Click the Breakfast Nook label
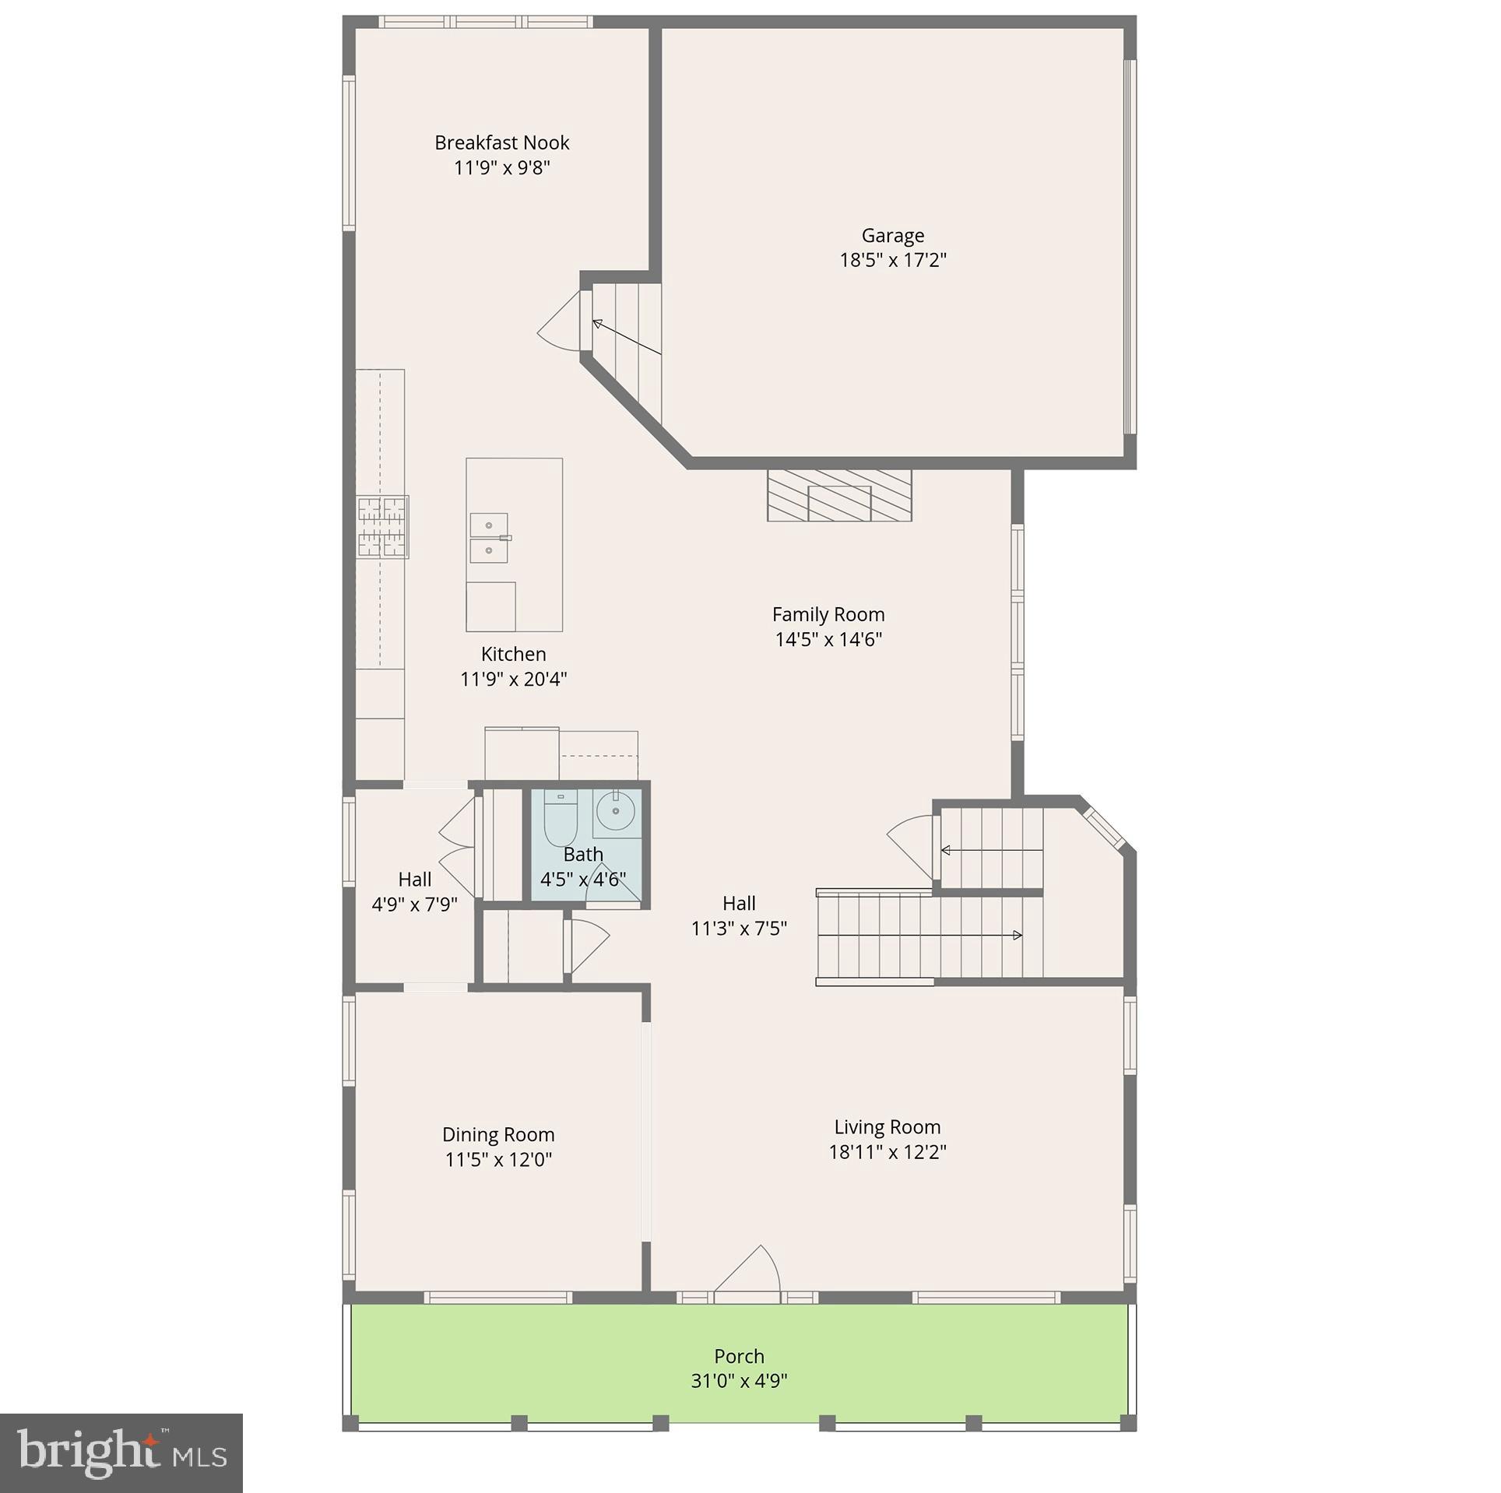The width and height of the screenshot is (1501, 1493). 501,142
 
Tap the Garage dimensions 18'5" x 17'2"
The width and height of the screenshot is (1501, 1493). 892,260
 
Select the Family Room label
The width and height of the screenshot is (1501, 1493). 828,614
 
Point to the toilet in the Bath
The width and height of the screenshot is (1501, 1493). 560,819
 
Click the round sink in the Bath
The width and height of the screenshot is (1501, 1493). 616,811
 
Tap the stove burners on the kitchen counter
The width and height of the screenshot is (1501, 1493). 382,527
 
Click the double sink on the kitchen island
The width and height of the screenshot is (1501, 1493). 489,538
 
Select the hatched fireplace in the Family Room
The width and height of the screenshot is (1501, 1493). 838,495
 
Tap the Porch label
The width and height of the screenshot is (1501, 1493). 739,1356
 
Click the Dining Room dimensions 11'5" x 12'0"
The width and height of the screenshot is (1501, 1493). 498,1159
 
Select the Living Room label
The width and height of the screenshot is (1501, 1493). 887,1126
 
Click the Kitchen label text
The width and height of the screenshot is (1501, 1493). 513,654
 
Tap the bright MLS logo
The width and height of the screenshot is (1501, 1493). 121,1453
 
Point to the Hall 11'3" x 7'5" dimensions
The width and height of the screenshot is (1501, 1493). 739,928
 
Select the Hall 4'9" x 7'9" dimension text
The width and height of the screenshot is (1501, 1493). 414,904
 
